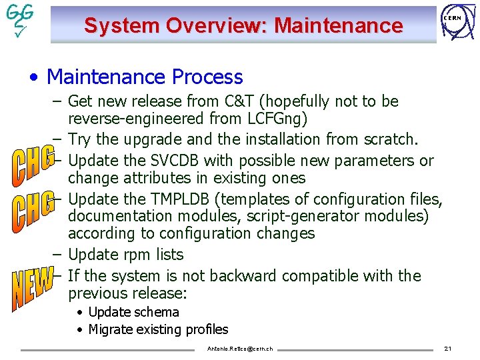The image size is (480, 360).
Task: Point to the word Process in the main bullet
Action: point(209,77)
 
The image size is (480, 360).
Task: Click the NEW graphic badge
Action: point(31,289)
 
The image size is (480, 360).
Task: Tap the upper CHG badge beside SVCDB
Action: point(31,167)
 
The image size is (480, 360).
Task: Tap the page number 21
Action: point(448,349)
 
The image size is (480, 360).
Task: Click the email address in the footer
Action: point(240,349)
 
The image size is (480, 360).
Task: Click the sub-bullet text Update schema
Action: point(133,312)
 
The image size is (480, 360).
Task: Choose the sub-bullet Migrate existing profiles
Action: point(158,329)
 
